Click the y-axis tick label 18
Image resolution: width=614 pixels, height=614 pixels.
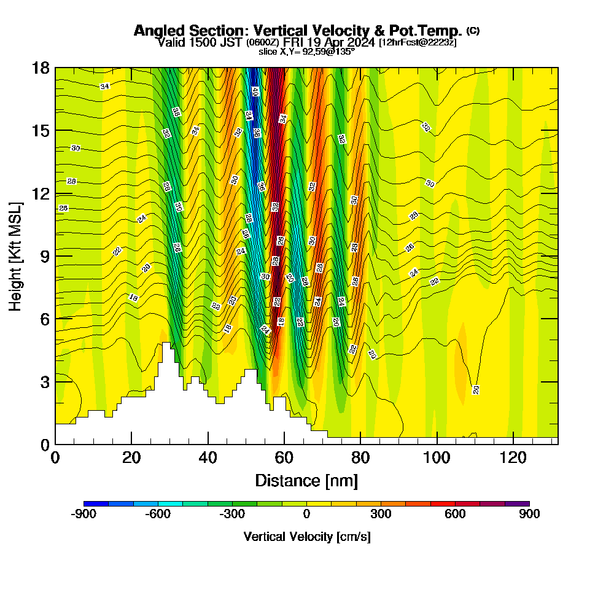pyautogui.click(x=41, y=68)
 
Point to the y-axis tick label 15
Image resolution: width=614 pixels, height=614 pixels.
pyautogui.click(x=41, y=131)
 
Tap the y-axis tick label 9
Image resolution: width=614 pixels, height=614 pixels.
pyautogui.click(x=44, y=256)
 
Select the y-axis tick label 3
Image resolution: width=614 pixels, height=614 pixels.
pyautogui.click(x=44, y=382)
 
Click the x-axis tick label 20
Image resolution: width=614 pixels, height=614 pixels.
pyautogui.click(x=131, y=457)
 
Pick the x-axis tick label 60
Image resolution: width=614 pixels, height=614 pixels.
pyautogui.click(x=284, y=457)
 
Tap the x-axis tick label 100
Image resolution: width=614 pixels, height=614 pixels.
pyautogui.click(x=437, y=457)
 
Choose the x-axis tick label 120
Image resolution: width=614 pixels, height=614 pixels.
pyautogui.click(x=513, y=457)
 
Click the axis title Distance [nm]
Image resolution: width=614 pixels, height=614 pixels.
pyautogui.click(x=306, y=480)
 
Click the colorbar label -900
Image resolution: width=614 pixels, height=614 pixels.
pyautogui.click(x=84, y=515)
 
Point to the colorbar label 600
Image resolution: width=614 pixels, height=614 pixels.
pyautogui.click(x=455, y=515)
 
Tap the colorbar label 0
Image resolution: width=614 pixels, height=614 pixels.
pyautogui.click(x=306, y=515)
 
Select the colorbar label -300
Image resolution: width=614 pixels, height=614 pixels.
pyautogui.click(x=232, y=515)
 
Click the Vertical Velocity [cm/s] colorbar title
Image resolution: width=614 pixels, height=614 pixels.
pyautogui.click(x=306, y=537)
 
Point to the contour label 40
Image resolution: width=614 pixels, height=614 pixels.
pyautogui.click(x=255, y=92)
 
